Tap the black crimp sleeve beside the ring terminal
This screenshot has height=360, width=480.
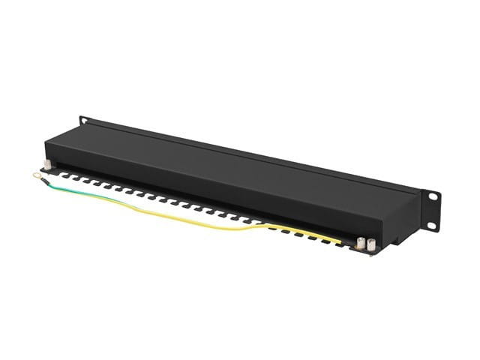coord(46,180)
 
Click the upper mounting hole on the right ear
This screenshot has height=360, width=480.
coord(432,196)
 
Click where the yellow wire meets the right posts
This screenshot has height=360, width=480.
coord(352,241)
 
